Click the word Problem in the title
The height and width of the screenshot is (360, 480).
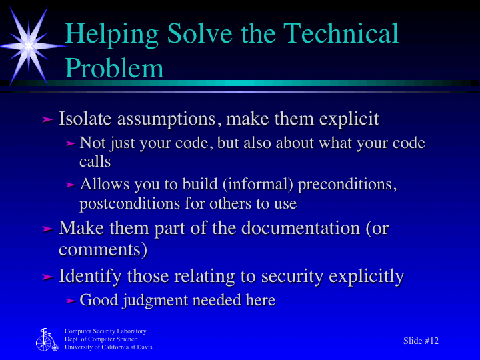(114, 68)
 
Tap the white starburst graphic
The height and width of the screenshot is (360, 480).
(29, 44)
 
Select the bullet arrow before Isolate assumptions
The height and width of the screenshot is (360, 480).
(47, 120)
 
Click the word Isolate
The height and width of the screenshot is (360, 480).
(85, 119)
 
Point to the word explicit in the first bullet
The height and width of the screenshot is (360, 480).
(349, 120)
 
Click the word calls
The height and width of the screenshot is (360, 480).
(95, 161)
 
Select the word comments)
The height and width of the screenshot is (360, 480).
(103, 250)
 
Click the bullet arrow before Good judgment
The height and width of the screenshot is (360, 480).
(71, 301)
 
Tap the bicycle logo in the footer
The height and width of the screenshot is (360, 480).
(46, 340)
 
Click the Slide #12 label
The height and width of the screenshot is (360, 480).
(421, 341)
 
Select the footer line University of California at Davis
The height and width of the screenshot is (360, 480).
(108, 347)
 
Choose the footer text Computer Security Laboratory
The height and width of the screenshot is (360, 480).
(105, 331)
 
